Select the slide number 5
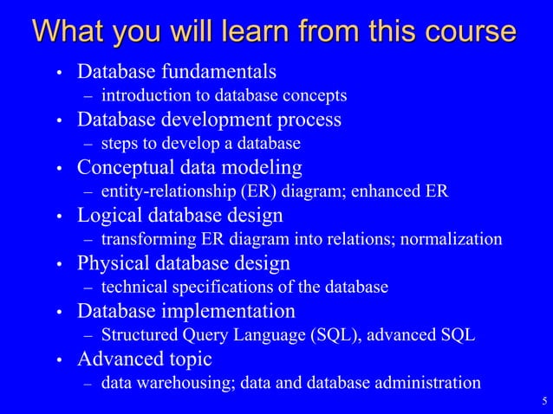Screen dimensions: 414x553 (543, 400)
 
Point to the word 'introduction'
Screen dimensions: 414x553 (142, 95)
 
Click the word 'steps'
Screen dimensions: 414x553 (120, 143)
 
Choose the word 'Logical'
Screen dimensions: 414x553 (110, 215)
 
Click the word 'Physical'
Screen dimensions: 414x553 (113, 262)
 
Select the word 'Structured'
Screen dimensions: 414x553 (139, 334)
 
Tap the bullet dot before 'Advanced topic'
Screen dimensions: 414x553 (59, 359)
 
